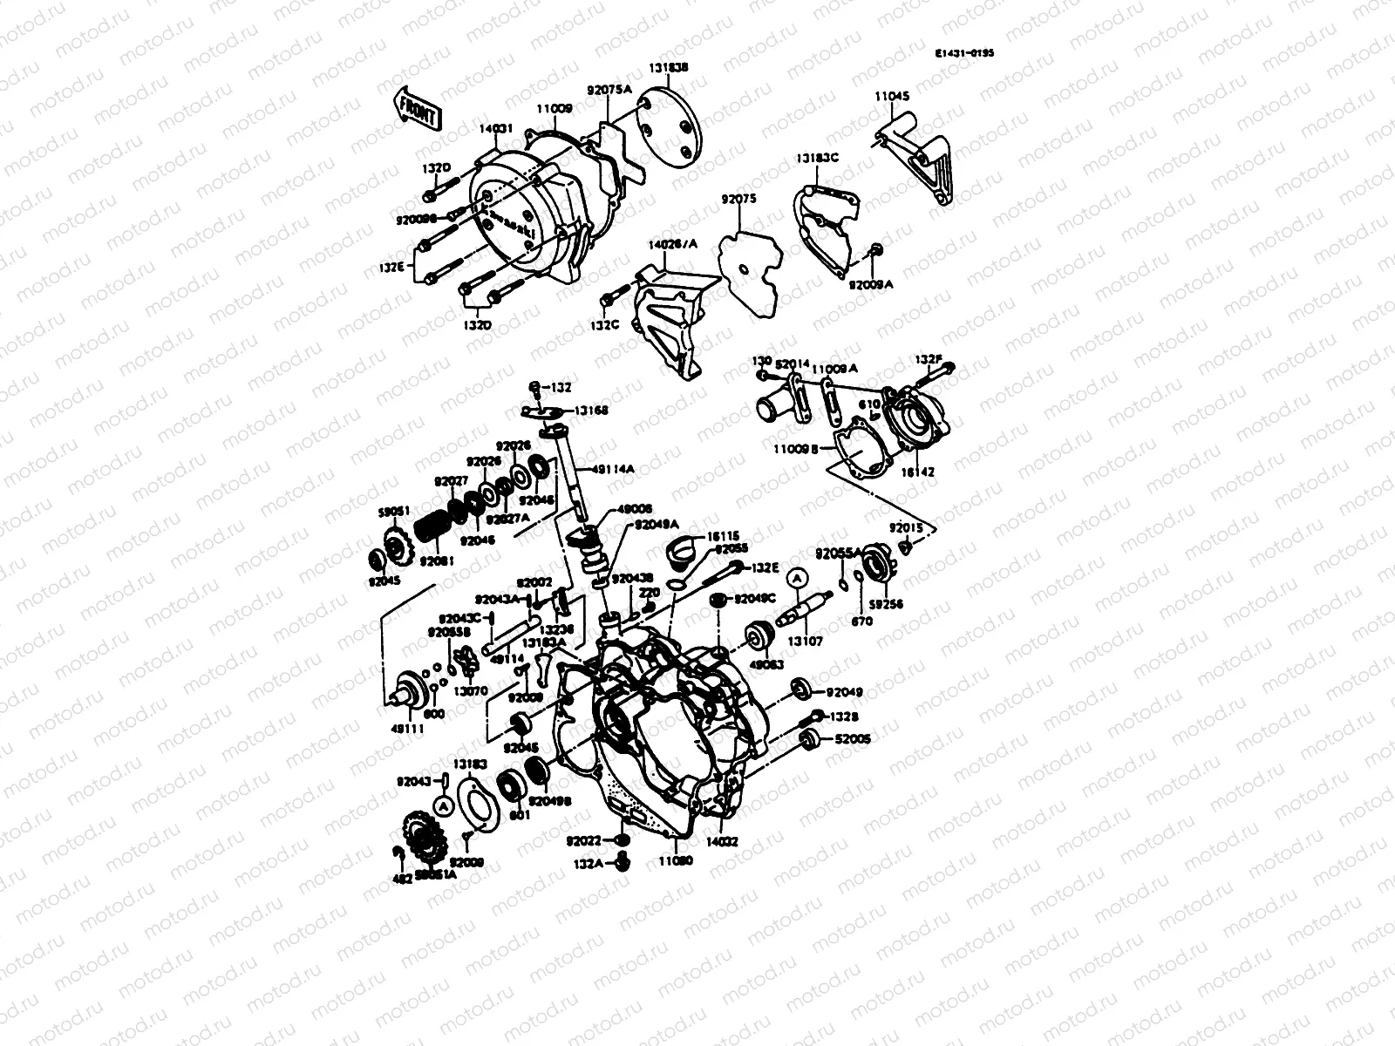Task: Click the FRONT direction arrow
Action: click(x=418, y=108)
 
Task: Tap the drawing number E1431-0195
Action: click(x=964, y=53)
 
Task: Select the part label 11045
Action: click(x=893, y=98)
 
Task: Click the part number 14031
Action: click(x=494, y=128)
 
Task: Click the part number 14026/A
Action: click(x=665, y=245)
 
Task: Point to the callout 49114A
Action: click(x=613, y=469)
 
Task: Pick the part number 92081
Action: click(x=432, y=561)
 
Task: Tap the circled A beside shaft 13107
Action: click(x=798, y=576)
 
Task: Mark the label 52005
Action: click(x=853, y=739)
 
